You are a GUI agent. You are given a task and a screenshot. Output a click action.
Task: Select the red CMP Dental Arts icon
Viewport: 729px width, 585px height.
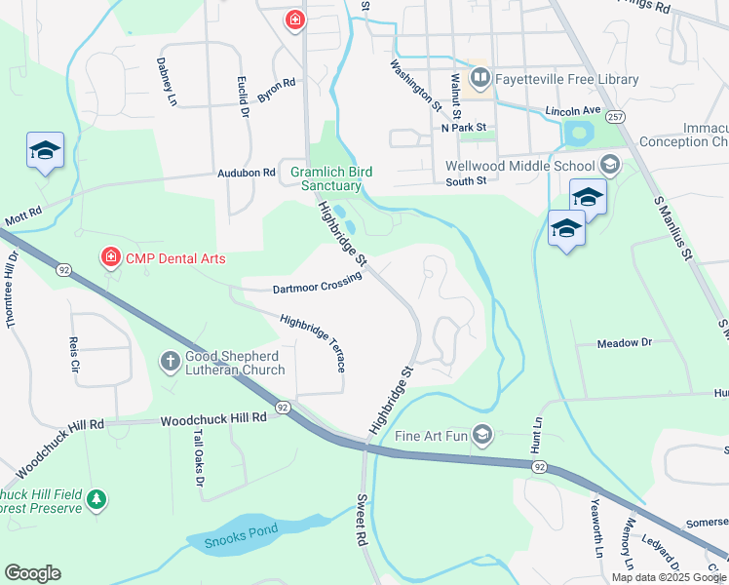click(110, 257)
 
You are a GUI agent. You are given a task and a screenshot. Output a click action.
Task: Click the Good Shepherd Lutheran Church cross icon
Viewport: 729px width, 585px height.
click(170, 362)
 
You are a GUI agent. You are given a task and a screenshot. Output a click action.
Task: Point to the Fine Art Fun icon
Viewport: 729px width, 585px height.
click(481, 434)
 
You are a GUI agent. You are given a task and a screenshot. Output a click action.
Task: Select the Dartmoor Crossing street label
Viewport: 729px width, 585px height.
click(317, 284)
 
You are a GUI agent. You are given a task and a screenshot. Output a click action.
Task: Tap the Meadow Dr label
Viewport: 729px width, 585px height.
click(624, 343)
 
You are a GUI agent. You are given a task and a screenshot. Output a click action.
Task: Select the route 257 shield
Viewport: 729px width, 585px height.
click(615, 116)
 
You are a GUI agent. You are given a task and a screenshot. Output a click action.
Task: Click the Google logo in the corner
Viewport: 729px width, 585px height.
click(32, 573)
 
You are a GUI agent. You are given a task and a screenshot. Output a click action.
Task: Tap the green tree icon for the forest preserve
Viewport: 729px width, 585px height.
click(96, 499)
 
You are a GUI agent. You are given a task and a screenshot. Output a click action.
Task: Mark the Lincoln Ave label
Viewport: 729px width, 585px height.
click(569, 111)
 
